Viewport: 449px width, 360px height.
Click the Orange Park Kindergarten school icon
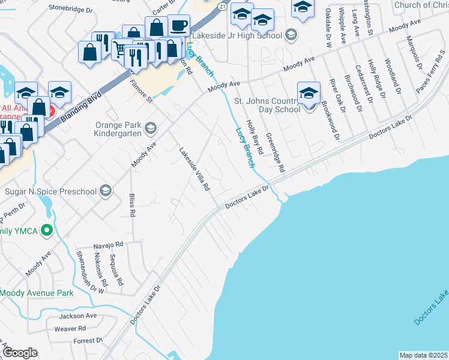pos(150,128)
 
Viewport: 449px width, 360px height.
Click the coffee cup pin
pos(178,26)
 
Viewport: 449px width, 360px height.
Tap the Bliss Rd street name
pos(132,205)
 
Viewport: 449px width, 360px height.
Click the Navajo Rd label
pos(108,245)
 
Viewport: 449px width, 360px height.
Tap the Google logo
pos(19,353)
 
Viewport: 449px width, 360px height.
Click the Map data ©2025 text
pos(423,355)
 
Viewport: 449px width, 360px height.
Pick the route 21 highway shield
pos(222,5)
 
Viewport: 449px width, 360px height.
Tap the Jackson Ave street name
pos(77,316)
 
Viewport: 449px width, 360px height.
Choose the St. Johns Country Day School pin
pos(309,93)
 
